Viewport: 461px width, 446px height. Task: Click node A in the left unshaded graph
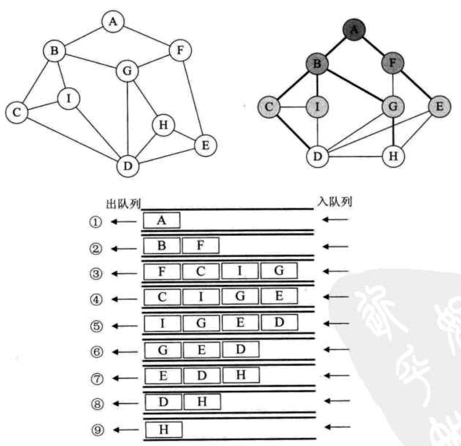[x=113, y=22]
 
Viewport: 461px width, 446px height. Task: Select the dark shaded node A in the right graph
[x=354, y=29]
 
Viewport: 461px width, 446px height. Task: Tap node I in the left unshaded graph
[x=69, y=98]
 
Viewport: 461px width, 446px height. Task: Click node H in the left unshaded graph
[x=163, y=125]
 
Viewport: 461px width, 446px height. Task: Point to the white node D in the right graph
[x=318, y=157]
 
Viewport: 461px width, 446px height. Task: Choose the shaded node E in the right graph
[x=439, y=106]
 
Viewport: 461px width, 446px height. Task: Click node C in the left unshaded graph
[x=16, y=112]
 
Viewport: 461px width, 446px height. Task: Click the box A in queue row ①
[x=162, y=220]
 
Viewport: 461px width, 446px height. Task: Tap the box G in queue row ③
[x=279, y=271]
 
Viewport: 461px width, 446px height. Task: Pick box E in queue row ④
[x=279, y=296]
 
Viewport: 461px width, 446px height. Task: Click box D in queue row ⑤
[x=279, y=322]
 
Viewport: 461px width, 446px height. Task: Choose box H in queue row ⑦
[x=241, y=375]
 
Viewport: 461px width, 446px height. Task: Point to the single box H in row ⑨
[x=164, y=429]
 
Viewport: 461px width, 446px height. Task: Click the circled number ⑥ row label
[x=96, y=352]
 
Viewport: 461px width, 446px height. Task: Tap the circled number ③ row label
[x=96, y=274]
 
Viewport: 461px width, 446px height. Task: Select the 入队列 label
[x=334, y=202]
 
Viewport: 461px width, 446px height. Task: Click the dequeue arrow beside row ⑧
[x=124, y=403]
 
